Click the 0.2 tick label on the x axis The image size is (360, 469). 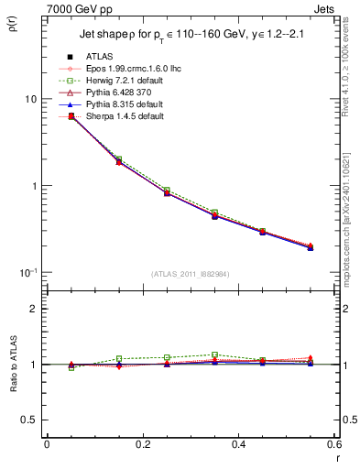142,444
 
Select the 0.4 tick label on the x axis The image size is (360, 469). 238,444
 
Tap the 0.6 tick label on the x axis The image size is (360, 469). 333,444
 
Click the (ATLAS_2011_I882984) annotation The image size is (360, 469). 190,274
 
